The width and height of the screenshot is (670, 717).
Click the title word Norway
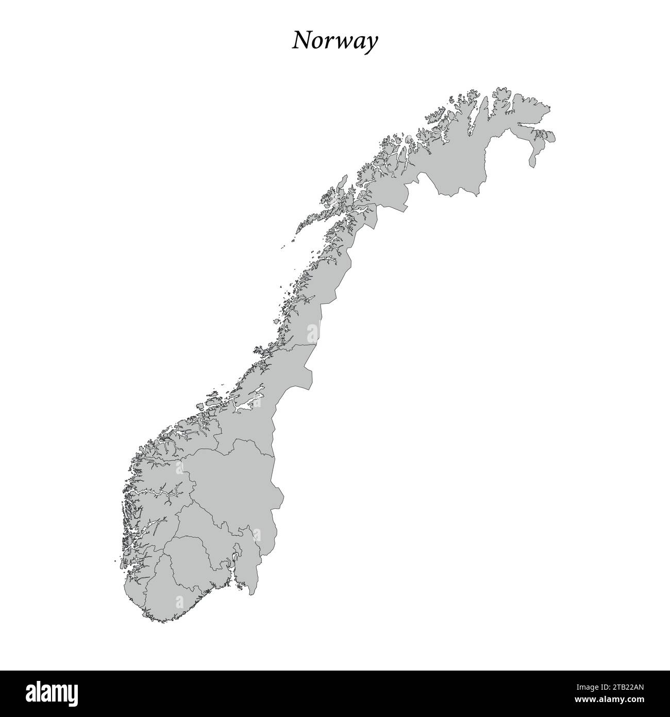point(335,41)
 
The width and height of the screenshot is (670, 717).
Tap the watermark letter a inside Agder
point(179,601)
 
